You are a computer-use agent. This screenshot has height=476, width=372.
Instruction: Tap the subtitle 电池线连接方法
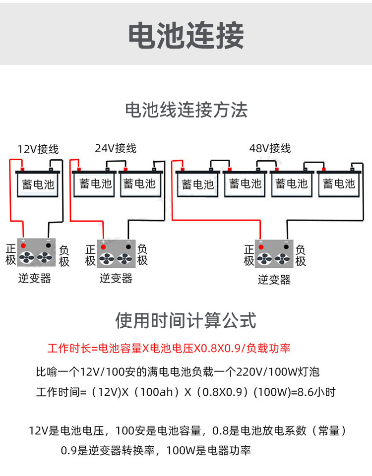186,110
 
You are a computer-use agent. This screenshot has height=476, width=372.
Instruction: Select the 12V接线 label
38,149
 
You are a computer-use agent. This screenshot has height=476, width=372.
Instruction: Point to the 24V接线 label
116,148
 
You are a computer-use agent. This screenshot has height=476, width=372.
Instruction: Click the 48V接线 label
270,148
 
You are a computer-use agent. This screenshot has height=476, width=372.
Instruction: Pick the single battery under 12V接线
38,184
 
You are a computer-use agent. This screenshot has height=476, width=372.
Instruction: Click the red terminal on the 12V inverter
23,245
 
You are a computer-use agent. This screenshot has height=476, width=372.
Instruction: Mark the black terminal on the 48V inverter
286,246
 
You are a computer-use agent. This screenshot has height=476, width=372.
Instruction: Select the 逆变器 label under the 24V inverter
116,278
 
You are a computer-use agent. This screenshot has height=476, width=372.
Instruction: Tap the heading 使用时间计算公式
186,321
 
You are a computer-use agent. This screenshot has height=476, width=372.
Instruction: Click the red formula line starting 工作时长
169,348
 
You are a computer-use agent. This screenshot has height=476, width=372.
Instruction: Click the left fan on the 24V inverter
107,258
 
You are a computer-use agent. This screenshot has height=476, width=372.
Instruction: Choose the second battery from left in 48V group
245,184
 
